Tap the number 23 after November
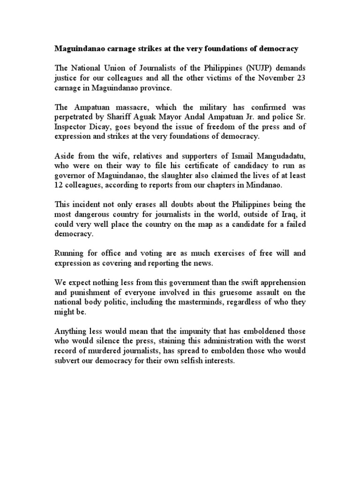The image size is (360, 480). coord(301,78)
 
